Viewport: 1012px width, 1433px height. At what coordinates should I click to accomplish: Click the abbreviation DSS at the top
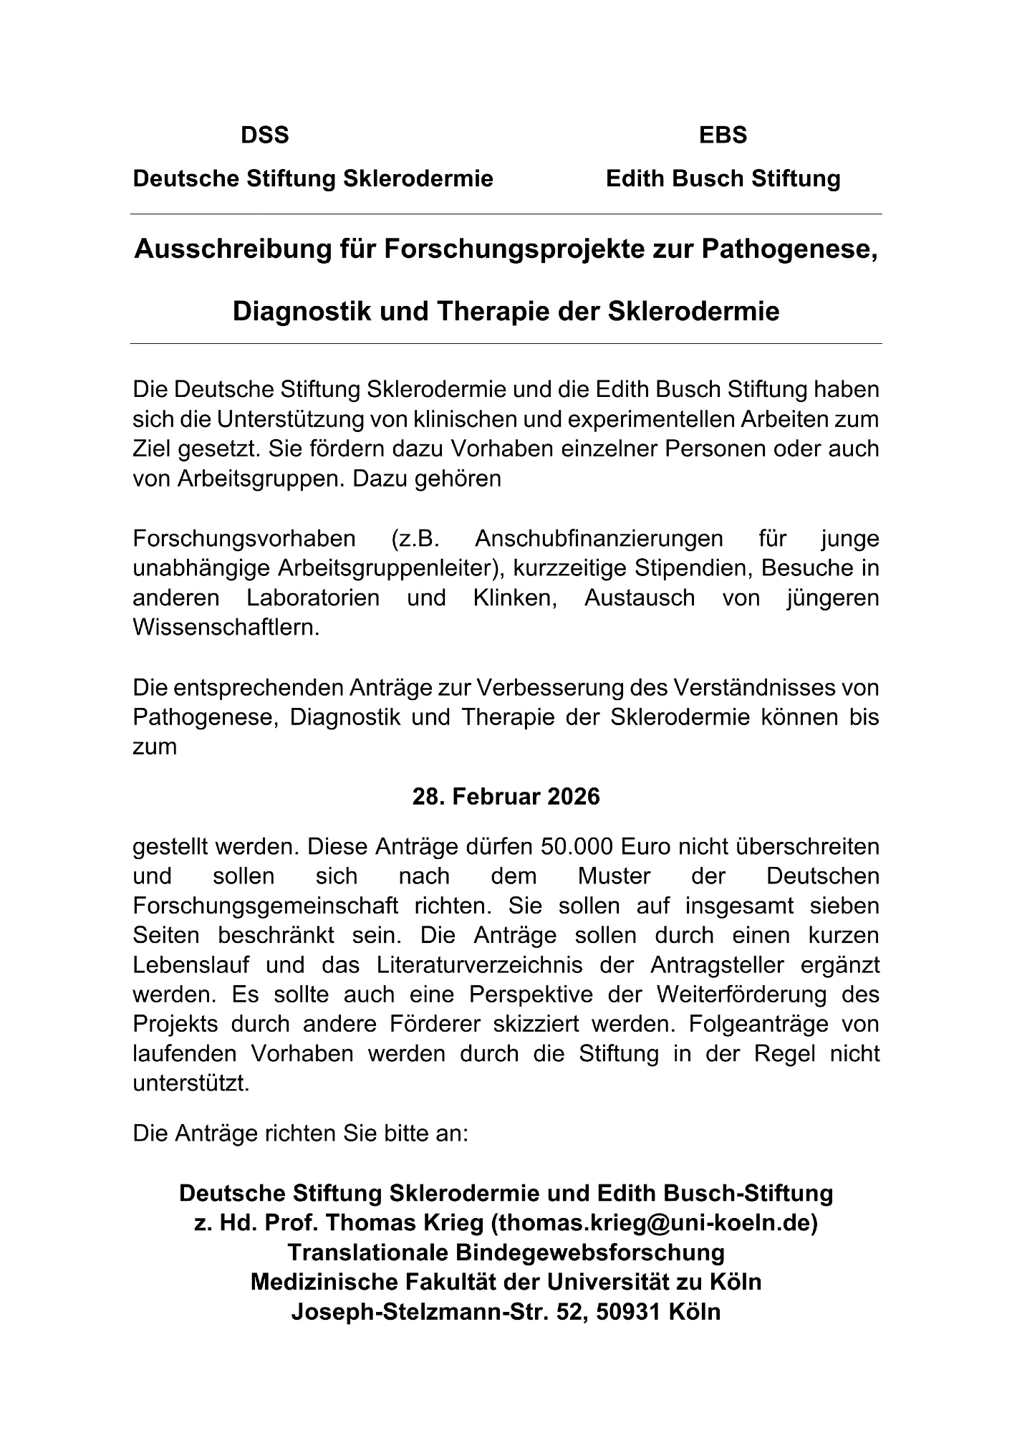pyautogui.click(x=264, y=135)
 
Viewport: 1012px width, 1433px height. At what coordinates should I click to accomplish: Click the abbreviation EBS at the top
pyautogui.click(x=723, y=135)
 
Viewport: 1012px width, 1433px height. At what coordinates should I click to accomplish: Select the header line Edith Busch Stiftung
pyautogui.click(x=723, y=178)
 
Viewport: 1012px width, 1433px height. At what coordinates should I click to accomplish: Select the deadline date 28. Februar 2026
pyautogui.click(x=506, y=797)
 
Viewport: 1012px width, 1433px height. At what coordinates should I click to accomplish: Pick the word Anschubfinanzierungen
pyautogui.click(x=599, y=538)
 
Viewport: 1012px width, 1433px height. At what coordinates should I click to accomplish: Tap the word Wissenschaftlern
pyautogui.click(x=226, y=628)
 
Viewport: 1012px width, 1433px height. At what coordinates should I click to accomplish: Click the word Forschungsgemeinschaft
pyautogui.click(x=265, y=906)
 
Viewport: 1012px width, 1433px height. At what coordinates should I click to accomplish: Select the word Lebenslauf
pyautogui.click(x=191, y=965)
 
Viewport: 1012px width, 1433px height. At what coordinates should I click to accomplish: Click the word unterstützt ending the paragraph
pyautogui.click(x=191, y=1083)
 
